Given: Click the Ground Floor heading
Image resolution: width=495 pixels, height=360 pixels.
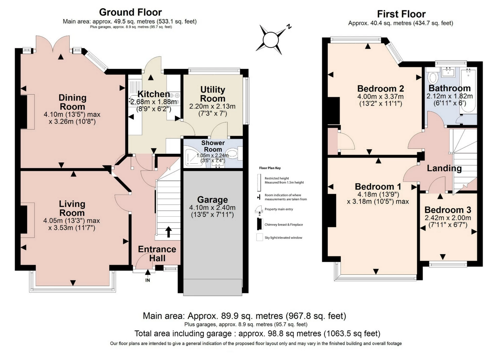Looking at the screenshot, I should (x=130, y=12).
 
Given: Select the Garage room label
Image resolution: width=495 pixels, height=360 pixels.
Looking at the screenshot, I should (x=212, y=200).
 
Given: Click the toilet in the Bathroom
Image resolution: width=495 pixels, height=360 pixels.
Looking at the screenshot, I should (x=433, y=77).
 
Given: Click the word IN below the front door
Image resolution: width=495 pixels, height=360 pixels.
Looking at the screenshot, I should (x=147, y=280).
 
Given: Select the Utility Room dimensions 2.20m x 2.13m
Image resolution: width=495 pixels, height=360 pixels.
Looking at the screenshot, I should (x=212, y=106).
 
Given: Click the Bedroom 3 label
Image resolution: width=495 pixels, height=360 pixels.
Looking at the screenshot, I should (x=448, y=210).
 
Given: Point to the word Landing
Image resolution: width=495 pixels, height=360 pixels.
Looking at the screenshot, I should (x=444, y=168).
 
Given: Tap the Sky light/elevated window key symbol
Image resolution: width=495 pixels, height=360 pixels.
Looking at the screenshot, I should (x=259, y=237).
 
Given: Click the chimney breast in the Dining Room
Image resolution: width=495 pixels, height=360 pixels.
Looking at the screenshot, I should (x=24, y=112).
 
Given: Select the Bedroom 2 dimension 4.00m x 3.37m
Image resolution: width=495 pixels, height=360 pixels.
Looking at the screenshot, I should (x=380, y=97).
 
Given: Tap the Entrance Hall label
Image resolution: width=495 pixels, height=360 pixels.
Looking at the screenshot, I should (x=157, y=253).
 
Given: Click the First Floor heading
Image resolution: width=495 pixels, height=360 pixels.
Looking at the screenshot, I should (x=401, y=14).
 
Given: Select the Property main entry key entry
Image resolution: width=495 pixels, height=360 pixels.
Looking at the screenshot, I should (x=278, y=209).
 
